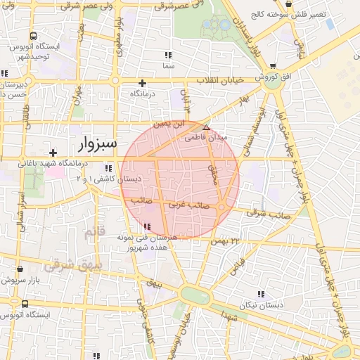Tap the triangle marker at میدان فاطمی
click(x=206, y=127)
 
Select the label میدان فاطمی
click(x=206, y=139)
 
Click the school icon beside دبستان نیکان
click(x=261, y=294)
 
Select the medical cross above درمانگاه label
click(x=143, y=83)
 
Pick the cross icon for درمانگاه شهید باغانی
click(x=53, y=153)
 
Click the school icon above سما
click(x=167, y=55)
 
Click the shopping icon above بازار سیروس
click(x=20, y=269)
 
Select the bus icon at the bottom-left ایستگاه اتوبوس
click(x=25, y=304)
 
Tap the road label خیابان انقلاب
click(x=221, y=80)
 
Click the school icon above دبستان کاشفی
click(x=108, y=168)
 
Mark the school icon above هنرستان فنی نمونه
click(x=147, y=226)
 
